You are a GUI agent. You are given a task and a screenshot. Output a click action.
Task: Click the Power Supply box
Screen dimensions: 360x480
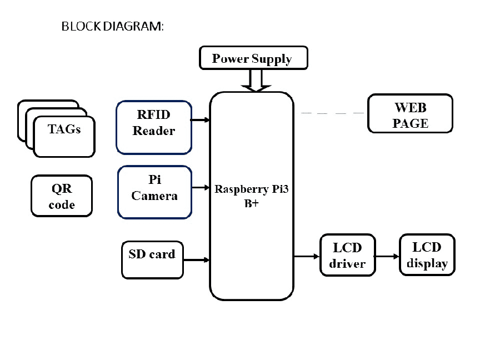pyautogui.click(x=252, y=58)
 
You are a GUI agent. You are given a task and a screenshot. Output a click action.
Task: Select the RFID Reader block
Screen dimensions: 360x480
pyautogui.click(x=154, y=127)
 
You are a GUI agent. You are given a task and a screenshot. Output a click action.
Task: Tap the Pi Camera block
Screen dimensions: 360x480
pyautogui.click(x=154, y=192)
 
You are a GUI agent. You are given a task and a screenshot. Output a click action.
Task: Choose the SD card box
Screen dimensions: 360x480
pyautogui.click(x=152, y=259)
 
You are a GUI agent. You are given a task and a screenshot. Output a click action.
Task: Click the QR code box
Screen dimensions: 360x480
pyautogui.click(x=62, y=196)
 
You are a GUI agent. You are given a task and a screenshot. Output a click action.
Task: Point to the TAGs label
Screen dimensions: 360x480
pyautogui.click(x=64, y=129)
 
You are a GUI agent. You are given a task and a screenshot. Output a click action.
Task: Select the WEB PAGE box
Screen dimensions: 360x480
pyautogui.click(x=410, y=114)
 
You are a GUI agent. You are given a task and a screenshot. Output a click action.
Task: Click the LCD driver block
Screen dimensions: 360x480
pyautogui.click(x=348, y=255)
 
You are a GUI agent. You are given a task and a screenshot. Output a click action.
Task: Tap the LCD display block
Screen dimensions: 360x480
pyautogui.click(x=427, y=254)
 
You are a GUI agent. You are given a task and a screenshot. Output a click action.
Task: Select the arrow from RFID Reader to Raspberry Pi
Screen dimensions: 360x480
pyautogui.click(x=200, y=119)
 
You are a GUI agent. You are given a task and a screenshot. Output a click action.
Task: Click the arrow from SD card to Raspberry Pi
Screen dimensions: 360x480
pyautogui.click(x=196, y=259)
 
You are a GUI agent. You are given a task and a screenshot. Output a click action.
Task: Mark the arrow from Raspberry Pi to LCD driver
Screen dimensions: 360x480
pyautogui.click(x=307, y=256)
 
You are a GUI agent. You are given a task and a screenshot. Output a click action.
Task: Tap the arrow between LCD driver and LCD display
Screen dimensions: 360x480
pyautogui.click(x=387, y=257)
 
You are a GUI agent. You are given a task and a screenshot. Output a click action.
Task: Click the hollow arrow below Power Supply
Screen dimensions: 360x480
pyautogui.click(x=256, y=81)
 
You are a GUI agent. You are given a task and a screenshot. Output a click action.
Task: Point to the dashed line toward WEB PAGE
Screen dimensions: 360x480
pyautogui.click(x=332, y=113)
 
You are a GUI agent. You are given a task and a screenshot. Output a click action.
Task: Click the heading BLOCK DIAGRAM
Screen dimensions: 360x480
pyautogui.click(x=113, y=27)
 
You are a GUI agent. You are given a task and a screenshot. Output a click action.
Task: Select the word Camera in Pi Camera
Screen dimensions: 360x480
pyautogui.click(x=154, y=196)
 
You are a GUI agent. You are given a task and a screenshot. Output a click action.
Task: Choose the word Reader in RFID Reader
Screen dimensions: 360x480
pyautogui.click(x=154, y=132)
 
